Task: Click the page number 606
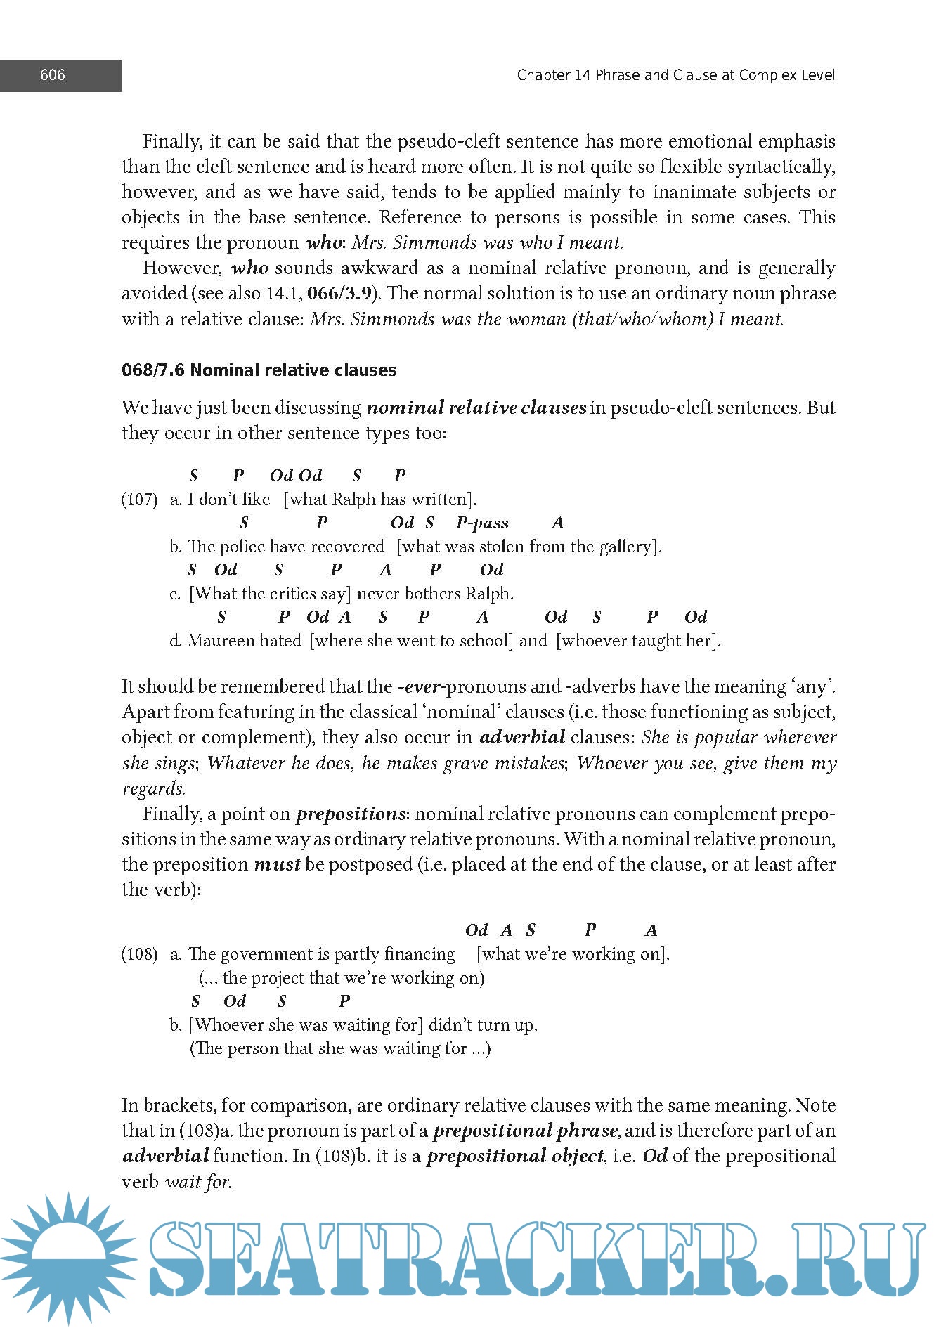pyautogui.click(x=53, y=75)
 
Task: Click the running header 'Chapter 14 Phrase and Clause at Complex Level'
pyautogui.click(x=675, y=75)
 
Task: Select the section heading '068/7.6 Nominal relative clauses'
pyautogui.click(x=259, y=370)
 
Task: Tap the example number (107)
pyautogui.click(x=139, y=500)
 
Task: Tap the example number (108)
pyautogui.click(x=139, y=954)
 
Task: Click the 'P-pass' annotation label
pyautogui.click(x=482, y=523)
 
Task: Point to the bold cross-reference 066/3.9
pyautogui.click(x=339, y=293)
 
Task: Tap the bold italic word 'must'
pyautogui.click(x=277, y=864)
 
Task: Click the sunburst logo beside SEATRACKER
pyautogui.click(x=68, y=1258)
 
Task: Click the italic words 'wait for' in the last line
pyautogui.click(x=197, y=1182)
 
